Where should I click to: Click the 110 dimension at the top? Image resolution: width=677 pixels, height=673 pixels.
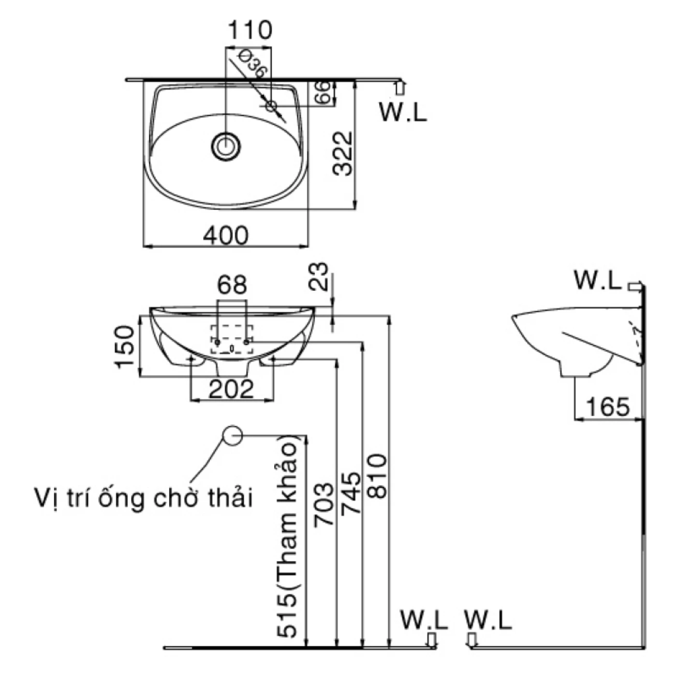coord(250,30)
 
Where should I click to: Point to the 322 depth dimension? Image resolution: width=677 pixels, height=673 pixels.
coord(344,154)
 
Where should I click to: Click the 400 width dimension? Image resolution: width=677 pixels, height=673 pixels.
coord(226,235)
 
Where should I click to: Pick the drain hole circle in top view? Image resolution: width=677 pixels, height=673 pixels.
coord(225,145)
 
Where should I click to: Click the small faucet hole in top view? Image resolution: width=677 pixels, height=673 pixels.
coord(271,105)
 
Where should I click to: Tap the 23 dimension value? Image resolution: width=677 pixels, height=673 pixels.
coord(320,276)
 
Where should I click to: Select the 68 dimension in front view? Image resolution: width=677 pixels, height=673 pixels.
coord(232,285)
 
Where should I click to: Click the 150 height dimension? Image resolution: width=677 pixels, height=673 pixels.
coord(124,346)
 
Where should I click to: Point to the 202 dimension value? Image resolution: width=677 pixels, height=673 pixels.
coord(231,389)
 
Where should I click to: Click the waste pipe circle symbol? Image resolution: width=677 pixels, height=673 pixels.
coord(232,435)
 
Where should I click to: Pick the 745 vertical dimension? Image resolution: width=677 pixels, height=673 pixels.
coord(351,493)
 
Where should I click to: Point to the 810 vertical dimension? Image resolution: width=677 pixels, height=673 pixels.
coord(378,476)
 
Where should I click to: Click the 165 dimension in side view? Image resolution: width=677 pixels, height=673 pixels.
coord(608,407)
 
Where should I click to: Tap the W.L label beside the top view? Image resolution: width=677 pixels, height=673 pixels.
coord(403,112)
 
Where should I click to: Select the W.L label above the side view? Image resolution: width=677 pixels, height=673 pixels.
coord(597,280)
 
